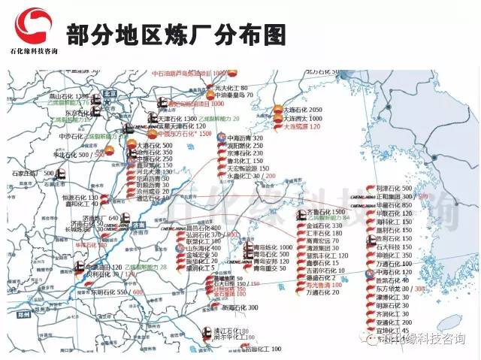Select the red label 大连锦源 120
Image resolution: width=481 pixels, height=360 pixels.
tap(301, 128)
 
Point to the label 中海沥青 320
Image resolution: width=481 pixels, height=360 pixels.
tap(245, 138)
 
